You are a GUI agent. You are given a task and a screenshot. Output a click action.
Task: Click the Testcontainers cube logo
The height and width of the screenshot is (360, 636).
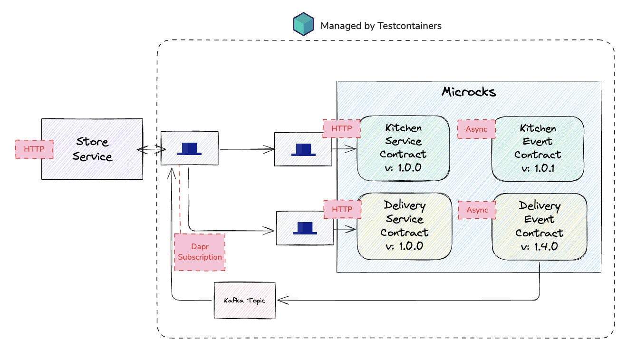pos(303,25)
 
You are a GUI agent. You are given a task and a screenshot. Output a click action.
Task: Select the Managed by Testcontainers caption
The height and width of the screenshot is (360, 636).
pos(380,26)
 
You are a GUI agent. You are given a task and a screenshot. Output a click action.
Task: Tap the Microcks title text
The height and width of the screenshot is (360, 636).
pos(469,92)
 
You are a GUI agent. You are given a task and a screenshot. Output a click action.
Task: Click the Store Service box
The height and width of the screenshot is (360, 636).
pos(92,149)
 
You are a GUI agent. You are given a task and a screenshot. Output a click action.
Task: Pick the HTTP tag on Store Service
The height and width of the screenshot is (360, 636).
pos(34,149)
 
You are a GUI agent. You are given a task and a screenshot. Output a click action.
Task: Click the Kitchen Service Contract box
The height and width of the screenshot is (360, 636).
pos(403,148)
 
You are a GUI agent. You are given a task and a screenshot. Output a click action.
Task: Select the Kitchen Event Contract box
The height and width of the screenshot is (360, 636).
pos(538,148)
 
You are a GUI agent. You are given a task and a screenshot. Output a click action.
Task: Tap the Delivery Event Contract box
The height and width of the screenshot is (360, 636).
pos(540,226)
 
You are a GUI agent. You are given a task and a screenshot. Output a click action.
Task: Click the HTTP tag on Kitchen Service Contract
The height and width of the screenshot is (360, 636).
pos(341,128)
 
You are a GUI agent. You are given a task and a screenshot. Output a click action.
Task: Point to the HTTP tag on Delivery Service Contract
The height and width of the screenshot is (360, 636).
pos(342,209)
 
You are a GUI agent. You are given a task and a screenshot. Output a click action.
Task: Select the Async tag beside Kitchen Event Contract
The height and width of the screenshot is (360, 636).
pos(476,129)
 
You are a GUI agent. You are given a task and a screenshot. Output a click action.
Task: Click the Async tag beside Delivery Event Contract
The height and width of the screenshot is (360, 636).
pos(477,210)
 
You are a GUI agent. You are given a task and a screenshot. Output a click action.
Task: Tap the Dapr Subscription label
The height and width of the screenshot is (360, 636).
pos(200,252)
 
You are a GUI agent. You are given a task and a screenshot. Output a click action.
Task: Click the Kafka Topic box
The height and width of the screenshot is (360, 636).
pos(245,301)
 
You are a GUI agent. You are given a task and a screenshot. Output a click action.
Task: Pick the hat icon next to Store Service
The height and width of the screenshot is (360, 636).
pos(190,148)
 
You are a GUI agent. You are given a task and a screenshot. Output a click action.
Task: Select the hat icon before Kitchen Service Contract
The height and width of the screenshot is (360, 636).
pos(303,149)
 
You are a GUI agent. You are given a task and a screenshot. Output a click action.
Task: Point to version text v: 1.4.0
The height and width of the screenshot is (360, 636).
pos(540,246)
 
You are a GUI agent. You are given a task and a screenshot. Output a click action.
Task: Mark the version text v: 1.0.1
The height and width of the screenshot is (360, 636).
pos(538,168)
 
